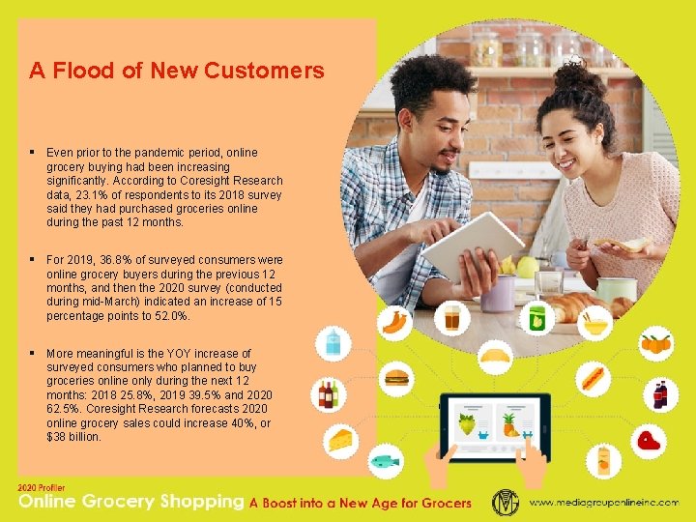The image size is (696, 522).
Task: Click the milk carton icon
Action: pos(333,340)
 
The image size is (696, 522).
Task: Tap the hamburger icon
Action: pos(397,378)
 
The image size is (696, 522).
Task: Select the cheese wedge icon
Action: pos(340,440)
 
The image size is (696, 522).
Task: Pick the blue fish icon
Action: pos(385,461)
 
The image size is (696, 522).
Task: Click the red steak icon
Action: pos(649,441)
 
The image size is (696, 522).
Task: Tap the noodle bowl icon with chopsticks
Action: pos(596,321)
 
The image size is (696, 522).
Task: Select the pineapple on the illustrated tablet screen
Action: pos(507,423)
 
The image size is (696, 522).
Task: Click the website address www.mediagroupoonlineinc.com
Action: pos(603,503)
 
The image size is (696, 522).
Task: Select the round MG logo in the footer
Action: pos(506,502)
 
